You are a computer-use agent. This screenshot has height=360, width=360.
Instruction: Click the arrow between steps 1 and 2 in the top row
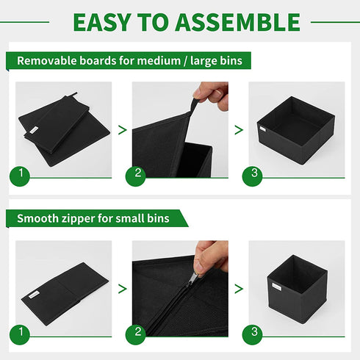pyautogui.click(x=122, y=130)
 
